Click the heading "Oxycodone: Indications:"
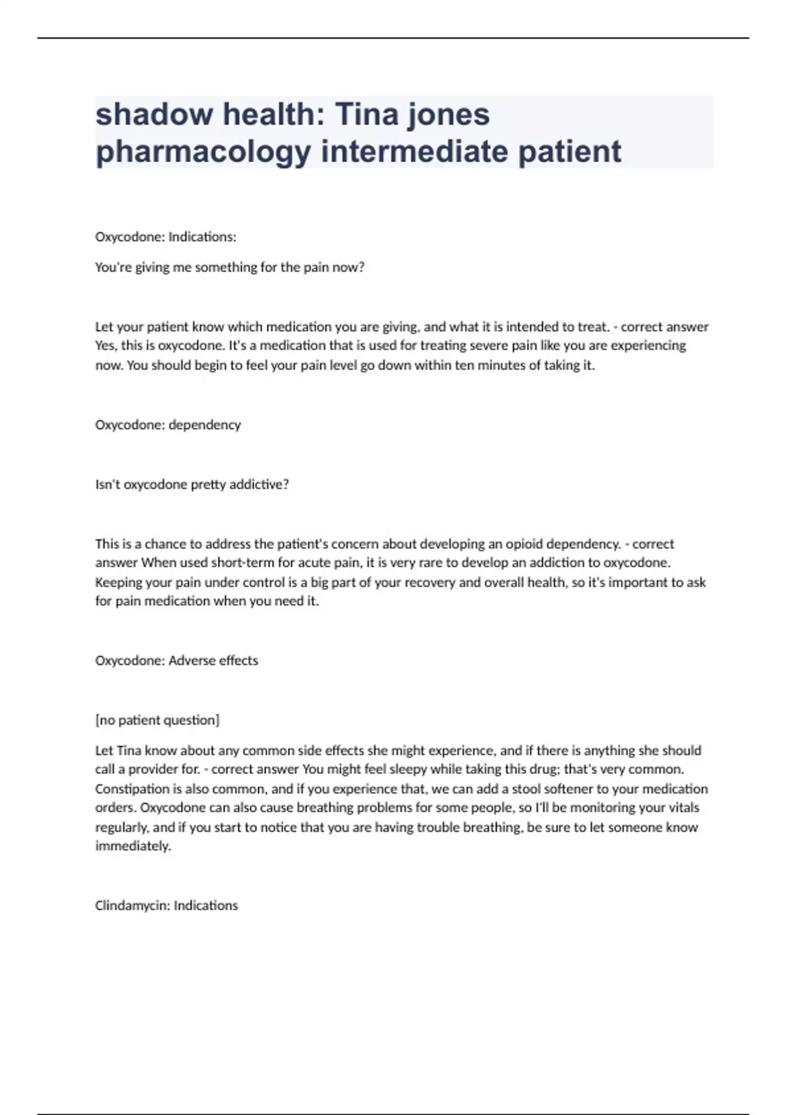point(165,237)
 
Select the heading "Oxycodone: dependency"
point(168,424)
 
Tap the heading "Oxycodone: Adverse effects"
point(176,660)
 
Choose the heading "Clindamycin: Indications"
point(167,905)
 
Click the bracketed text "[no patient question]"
point(157,720)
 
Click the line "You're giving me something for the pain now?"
point(230,267)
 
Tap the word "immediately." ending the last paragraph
point(133,846)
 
